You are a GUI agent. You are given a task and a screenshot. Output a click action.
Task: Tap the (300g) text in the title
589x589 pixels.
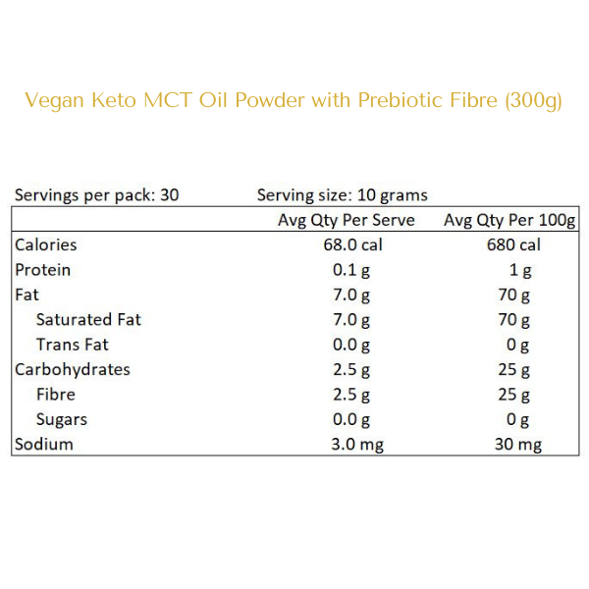532,102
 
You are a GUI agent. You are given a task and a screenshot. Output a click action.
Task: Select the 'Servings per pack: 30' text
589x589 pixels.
96,194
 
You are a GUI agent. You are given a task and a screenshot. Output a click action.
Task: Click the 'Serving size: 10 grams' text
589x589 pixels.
342,194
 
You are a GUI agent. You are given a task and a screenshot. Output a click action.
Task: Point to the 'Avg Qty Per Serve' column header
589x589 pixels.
347,220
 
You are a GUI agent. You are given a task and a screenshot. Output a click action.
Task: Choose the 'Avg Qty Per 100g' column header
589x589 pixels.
509,220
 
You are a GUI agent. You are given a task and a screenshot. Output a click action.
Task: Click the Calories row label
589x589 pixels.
45,244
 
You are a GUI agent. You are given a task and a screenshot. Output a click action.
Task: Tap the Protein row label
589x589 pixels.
42,270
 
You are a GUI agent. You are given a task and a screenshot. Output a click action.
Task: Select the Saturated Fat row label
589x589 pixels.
88,319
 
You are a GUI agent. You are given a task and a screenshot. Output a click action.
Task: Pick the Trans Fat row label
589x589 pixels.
72,345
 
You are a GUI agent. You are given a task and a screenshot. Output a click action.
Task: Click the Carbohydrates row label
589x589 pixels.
72,369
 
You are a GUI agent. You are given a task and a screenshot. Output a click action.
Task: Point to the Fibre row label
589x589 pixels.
55,395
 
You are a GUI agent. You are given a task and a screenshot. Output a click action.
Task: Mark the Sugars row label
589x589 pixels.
61,419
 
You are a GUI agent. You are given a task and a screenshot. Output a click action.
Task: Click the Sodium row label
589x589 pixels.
43,444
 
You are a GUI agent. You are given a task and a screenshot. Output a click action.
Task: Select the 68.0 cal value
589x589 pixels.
347,244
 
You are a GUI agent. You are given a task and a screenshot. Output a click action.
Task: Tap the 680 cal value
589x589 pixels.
513,244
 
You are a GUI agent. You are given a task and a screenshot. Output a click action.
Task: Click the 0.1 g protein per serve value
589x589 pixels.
352,270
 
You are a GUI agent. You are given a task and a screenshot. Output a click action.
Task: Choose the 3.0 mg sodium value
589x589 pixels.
356,444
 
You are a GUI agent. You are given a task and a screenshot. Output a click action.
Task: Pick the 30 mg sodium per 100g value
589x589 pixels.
516,444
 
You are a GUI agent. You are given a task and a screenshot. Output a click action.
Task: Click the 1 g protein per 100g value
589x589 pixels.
521,270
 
